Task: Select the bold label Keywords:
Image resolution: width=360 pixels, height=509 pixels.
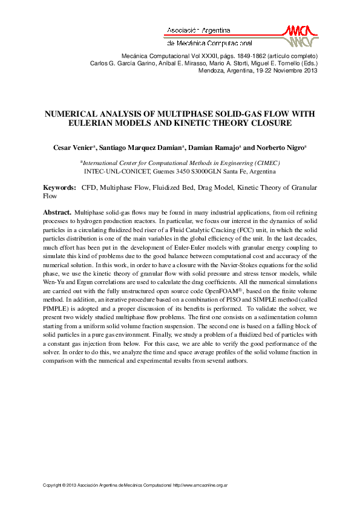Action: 59,188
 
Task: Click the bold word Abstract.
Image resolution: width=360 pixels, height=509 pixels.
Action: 56,213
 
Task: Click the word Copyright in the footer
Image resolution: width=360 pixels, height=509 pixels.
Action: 53,485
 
